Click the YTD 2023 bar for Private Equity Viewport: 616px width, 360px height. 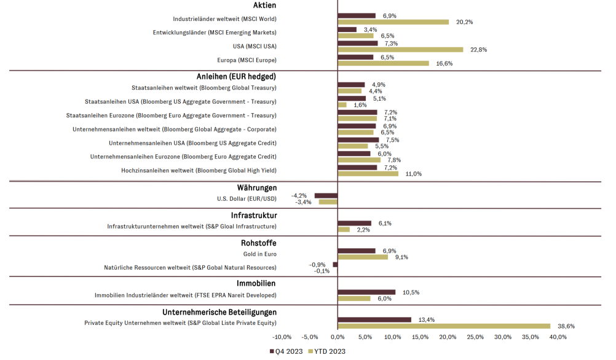click(x=444, y=326)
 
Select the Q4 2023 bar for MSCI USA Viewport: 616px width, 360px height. click(x=358, y=43)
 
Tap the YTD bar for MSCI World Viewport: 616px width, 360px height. click(x=393, y=22)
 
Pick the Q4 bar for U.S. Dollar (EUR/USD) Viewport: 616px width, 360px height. click(x=326, y=195)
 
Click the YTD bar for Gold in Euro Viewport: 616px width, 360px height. click(x=363, y=257)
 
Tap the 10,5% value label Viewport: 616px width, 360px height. click(x=411, y=292)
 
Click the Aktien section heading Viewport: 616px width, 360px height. click(x=265, y=6)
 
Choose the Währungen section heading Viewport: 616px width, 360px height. click(x=257, y=187)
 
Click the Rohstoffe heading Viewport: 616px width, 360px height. click(x=259, y=243)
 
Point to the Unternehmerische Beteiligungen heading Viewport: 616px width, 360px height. click(x=219, y=312)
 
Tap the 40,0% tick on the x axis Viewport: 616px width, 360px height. click(x=558, y=337)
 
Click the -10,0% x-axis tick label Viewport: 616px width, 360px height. click(x=282, y=337)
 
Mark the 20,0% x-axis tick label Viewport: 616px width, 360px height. click(x=448, y=337)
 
